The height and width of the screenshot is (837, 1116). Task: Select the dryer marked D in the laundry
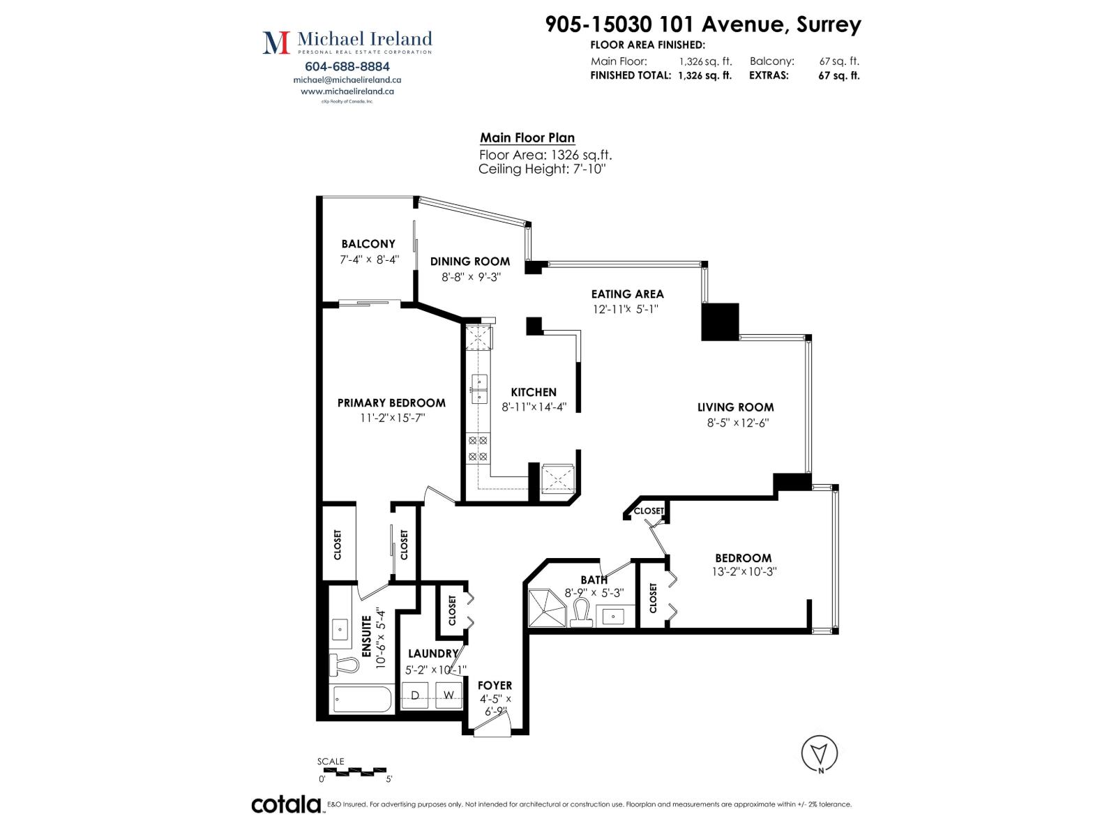(416, 695)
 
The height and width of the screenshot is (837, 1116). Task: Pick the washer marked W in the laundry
(448, 695)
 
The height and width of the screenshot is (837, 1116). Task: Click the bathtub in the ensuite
(363, 700)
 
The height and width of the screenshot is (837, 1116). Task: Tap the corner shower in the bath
(547, 608)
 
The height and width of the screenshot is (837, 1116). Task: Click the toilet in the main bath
(580, 613)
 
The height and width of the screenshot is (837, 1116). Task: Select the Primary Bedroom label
(391, 403)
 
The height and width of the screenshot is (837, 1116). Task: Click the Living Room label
(736, 407)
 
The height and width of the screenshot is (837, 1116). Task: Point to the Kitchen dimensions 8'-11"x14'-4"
(534, 407)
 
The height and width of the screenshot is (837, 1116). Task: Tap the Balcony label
(368, 244)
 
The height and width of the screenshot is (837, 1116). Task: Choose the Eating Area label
(627, 294)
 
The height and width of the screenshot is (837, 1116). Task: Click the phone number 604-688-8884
(347, 66)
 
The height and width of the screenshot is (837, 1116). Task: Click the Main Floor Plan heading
(527, 137)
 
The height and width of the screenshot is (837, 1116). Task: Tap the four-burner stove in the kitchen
(477, 448)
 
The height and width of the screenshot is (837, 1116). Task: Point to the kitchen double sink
(479, 389)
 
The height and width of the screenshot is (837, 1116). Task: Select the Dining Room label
(470, 261)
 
